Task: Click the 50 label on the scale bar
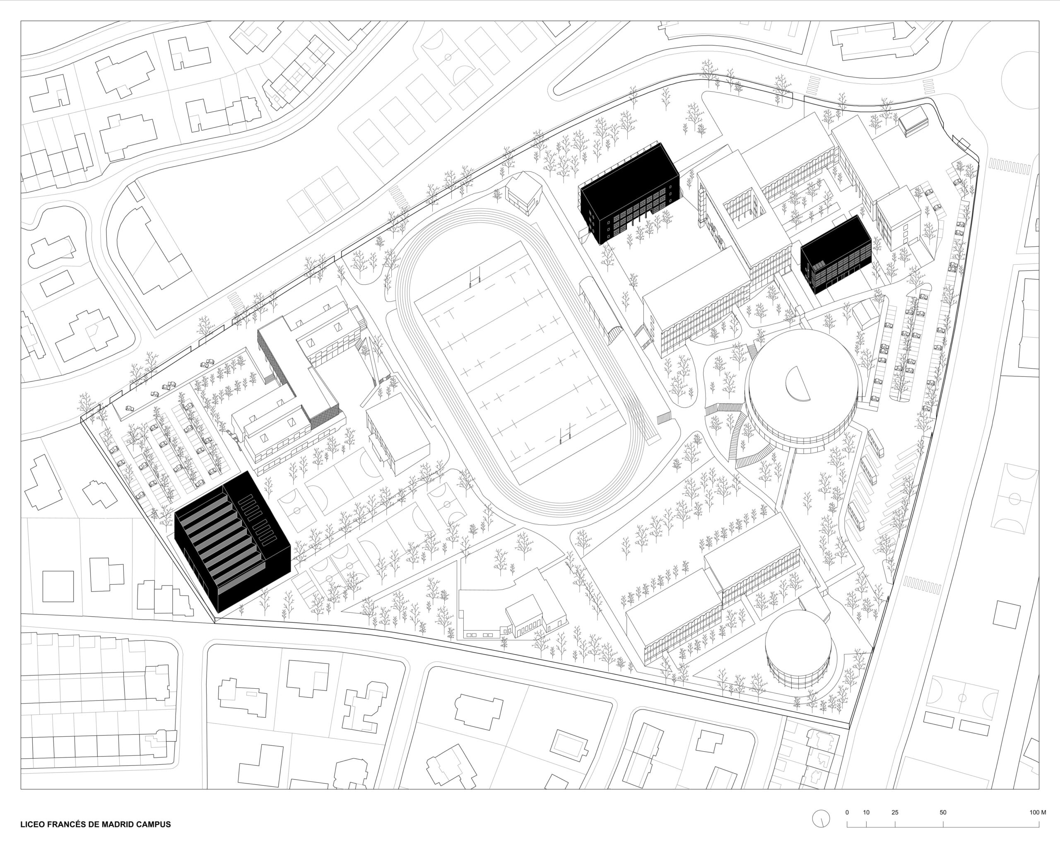pyautogui.click(x=943, y=812)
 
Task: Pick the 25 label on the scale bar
pyautogui.click(x=895, y=812)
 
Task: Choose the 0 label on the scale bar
pyautogui.click(x=847, y=812)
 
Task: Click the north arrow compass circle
pyautogui.click(x=821, y=819)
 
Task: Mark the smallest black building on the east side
pyautogui.click(x=836, y=254)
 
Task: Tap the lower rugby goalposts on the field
pyautogui.click(x=566, y=434)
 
